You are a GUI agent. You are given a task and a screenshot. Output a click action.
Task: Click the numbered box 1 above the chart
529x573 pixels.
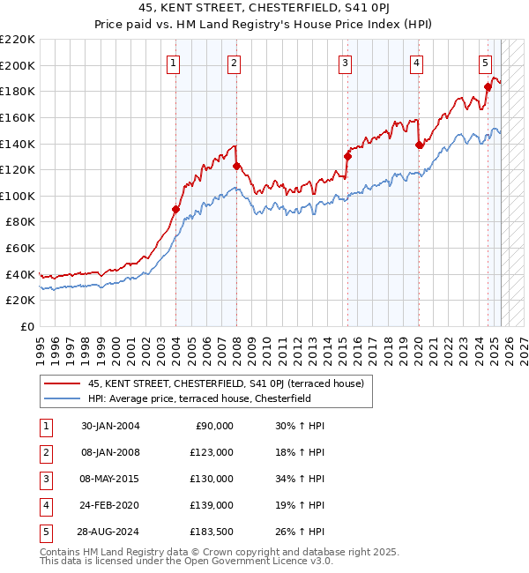173,63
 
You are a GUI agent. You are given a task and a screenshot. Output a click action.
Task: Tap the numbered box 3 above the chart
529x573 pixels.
345,63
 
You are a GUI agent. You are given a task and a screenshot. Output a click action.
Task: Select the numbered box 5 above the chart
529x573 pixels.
486,63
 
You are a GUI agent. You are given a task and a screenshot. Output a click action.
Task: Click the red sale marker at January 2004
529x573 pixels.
175,209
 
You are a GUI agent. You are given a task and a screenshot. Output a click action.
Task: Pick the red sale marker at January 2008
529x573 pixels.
236,166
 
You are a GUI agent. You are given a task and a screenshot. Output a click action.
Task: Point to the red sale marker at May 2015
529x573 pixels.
347,157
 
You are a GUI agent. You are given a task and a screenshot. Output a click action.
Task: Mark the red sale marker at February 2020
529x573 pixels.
419,145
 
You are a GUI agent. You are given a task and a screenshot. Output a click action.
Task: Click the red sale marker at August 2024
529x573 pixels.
488,86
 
